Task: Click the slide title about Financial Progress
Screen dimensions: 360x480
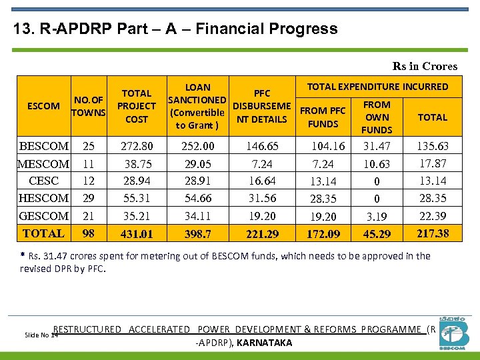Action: (x=175, y=29)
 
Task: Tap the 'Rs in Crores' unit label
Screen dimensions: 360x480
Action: (x=425, y=66)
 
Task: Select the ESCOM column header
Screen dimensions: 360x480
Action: (x=43, y=105)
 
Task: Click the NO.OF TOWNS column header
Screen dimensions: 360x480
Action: (x=89, y=106)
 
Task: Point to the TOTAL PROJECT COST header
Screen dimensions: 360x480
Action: (x=137, y=106)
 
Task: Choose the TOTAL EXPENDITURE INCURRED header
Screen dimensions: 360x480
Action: (x=377, y=87)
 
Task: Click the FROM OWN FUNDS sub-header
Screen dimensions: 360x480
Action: (x=377, y=117)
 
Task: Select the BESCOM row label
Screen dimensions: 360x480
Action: (x=44, y=146)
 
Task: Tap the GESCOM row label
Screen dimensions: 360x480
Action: (x=44, y=216)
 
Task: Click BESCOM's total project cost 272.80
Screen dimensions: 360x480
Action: (x=137, y=146)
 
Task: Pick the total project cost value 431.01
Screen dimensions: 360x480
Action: (x=137, y=234)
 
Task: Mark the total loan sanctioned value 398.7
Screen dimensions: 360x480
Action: (x=198, y=234)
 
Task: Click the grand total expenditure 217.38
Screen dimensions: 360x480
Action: (x=432, y=233)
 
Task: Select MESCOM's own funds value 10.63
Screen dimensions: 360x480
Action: (x=377, y=164)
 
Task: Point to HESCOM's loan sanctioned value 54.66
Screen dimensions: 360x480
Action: (x=198, y=198)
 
